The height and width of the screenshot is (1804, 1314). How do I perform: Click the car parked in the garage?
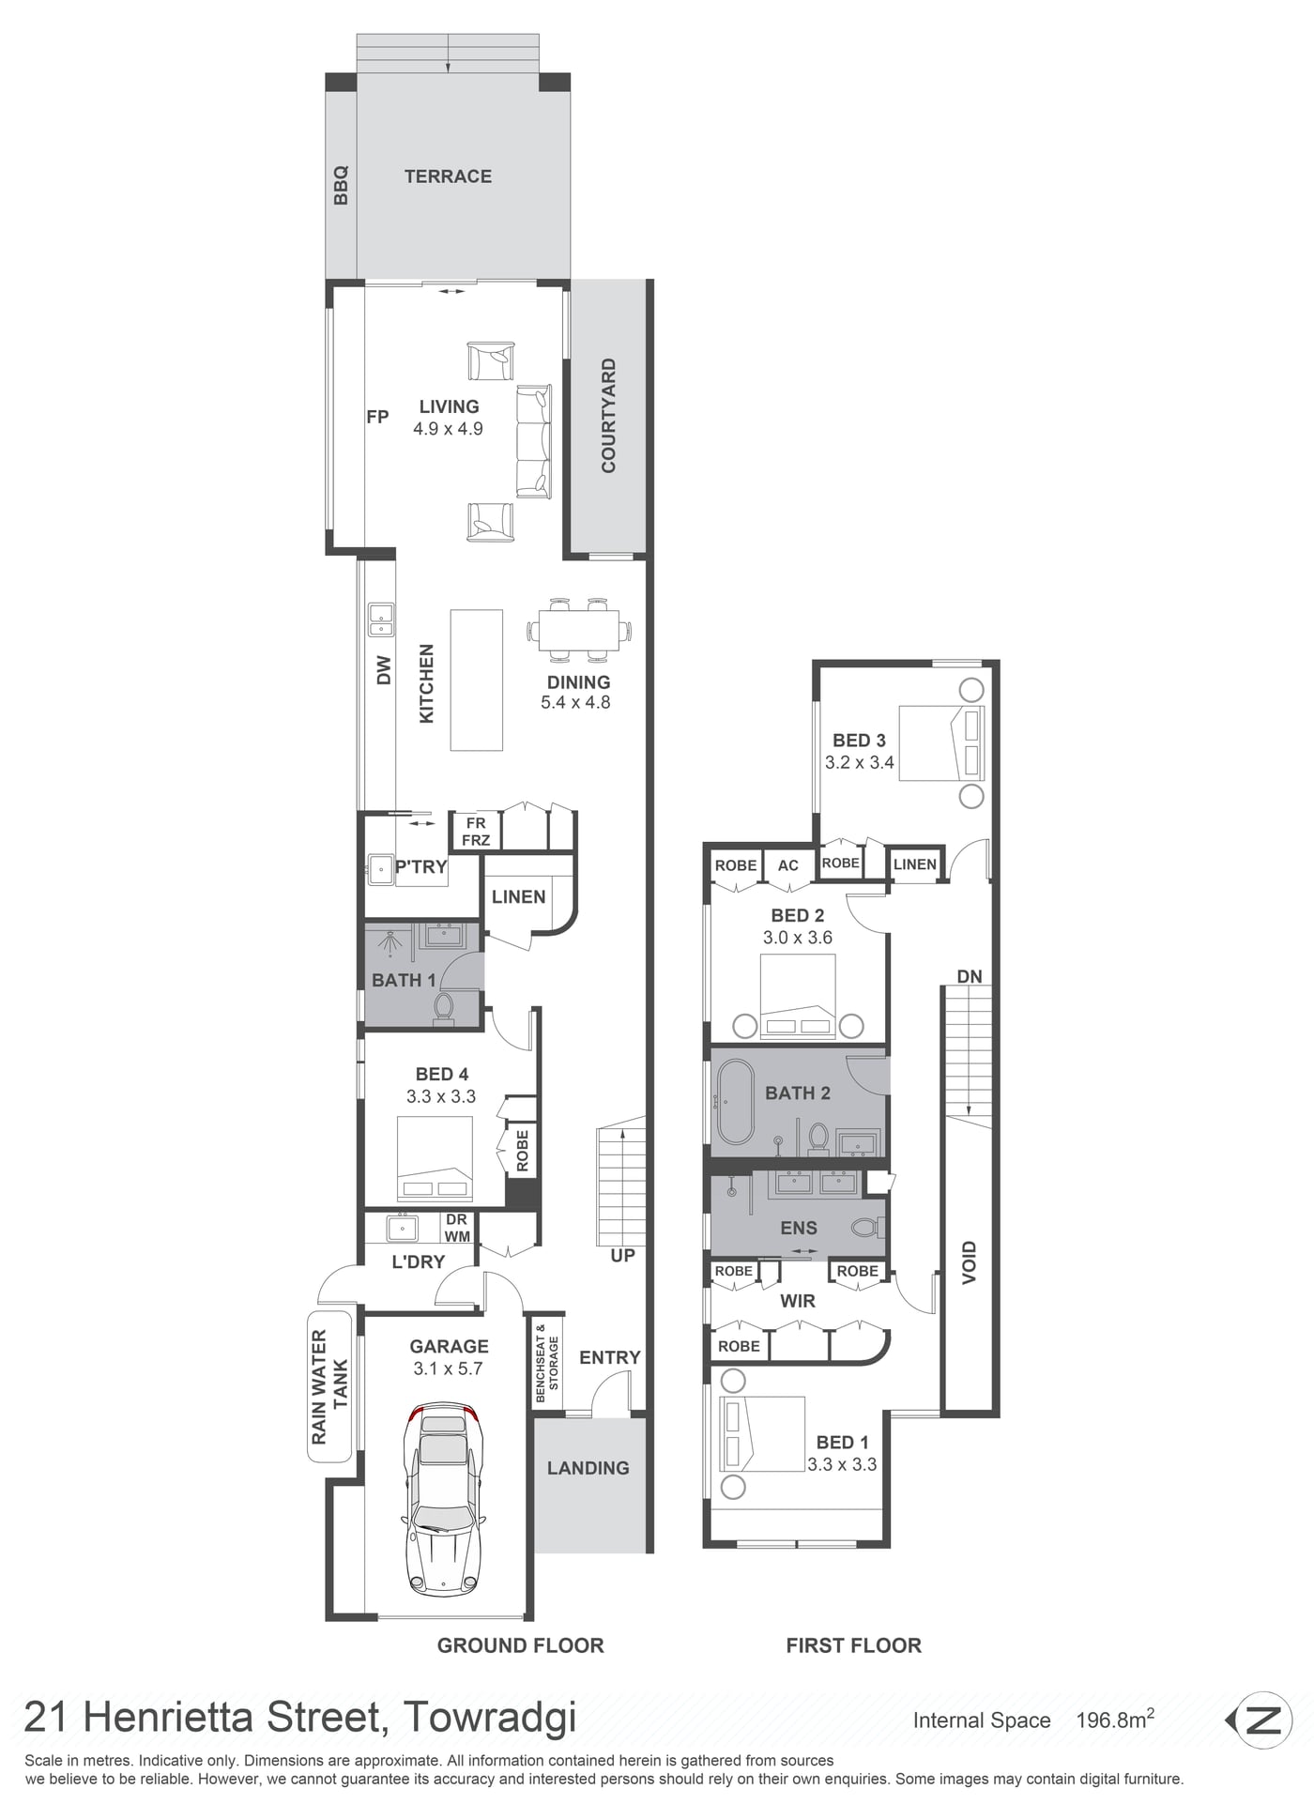tap(439, 1498)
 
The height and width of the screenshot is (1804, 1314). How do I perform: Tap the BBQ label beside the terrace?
tap(341, 185)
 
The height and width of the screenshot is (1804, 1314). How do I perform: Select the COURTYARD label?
tap(608, 415)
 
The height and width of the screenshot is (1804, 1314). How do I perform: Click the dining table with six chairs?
tap(579, 629)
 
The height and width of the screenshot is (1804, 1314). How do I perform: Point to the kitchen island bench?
tap(477, 680)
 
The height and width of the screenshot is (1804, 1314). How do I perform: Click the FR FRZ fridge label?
tap(476, 832)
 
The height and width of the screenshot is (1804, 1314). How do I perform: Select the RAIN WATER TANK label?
tap(329, 1386)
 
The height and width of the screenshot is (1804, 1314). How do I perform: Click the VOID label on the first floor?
tap(970, 1262)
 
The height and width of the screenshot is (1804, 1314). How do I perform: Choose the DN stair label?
tap(970, 976)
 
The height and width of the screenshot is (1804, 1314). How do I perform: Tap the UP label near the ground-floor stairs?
tap(622, 1255)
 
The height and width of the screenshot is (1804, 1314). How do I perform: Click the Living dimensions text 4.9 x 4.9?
tap(448, 429)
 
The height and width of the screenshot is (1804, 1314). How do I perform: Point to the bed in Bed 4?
tap(435, 1159)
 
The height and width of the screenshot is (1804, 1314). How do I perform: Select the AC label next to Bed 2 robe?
tap(788, 865)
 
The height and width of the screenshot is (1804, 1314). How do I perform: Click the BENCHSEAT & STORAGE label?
tap(546, 1362)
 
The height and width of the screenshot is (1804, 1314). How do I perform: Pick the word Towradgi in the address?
tap(489, 1717)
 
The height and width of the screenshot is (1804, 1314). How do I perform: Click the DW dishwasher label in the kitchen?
tap(383, 669)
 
